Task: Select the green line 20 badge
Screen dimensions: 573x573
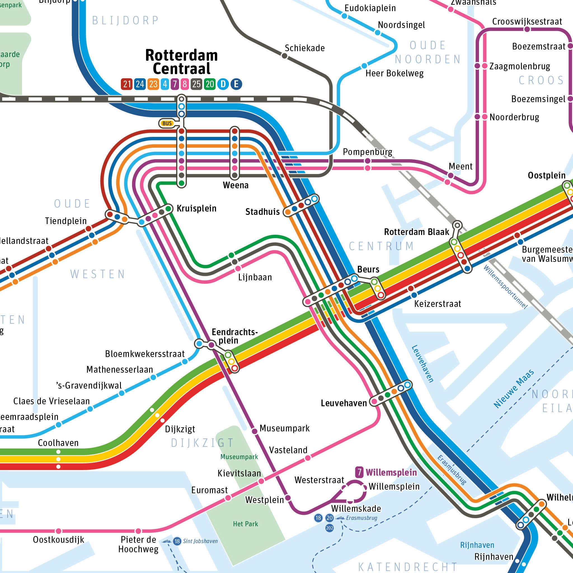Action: [209, 84]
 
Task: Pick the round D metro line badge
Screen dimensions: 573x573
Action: [223, 84]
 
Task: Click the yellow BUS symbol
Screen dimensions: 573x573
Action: [167, 123]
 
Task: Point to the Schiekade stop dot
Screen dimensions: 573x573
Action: [284, 56]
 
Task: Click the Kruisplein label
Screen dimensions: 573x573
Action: [196, 208]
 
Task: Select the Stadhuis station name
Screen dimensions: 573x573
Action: [262, 212]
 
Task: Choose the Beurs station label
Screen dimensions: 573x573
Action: [368, 269]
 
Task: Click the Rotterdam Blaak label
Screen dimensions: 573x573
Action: [416, 232]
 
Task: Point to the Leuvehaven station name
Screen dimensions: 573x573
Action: [344, 403]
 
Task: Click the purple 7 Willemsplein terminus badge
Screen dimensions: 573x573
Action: [359, 472]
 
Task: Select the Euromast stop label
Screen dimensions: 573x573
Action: [209, 490]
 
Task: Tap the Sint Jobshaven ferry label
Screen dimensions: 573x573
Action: [200, 541]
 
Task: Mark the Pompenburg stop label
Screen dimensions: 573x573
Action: [367, 152]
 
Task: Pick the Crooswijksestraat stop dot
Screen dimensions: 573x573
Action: [527, 29]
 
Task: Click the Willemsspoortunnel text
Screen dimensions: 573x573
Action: [505, 287]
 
